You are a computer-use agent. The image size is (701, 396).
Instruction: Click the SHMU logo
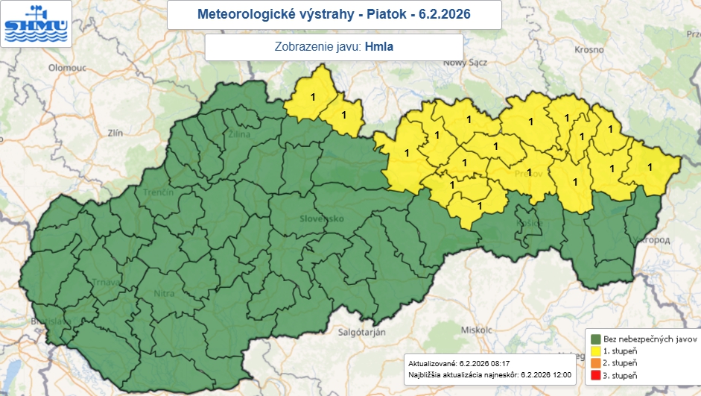coord(36,24)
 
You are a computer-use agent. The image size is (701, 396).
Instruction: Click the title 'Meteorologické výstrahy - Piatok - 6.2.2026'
coord(334,14)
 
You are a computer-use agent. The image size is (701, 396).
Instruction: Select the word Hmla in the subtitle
coord(379,47)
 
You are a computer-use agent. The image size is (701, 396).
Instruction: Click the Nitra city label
coord(164,294)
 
